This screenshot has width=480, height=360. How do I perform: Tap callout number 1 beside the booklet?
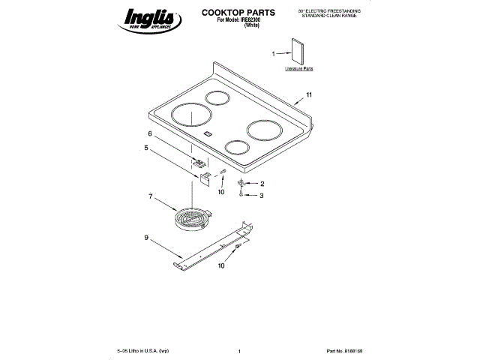tap(273, 53)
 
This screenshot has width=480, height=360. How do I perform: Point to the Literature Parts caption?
tap(298, 69)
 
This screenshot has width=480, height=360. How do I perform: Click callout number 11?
tap(308, 96)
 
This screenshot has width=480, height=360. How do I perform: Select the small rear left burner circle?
tap(218, 97)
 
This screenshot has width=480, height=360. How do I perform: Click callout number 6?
tap(149, 134)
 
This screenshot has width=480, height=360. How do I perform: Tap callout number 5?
tap(146, 148)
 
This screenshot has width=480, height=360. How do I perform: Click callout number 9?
tap(145, 238)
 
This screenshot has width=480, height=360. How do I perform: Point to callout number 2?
tap(262, 184)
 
